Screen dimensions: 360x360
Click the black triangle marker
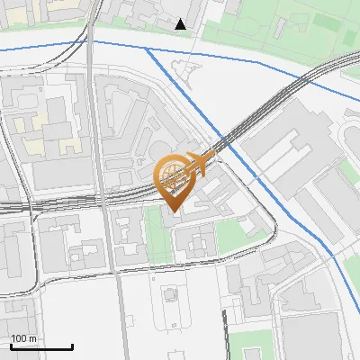coord(181,24)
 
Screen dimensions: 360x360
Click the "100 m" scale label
coord(23,338)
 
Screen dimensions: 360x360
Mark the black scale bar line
coord(41,346)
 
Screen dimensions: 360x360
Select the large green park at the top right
coord(288,27)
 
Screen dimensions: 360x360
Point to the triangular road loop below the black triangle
coord(186,71)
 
